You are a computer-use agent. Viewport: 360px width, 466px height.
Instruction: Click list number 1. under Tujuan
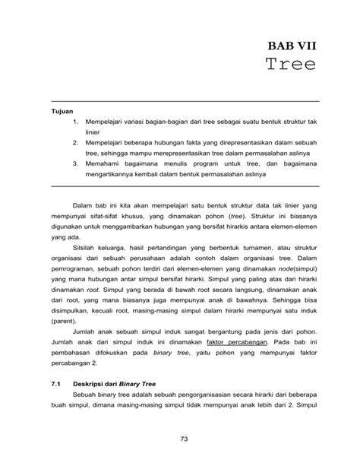[x=76, y=121]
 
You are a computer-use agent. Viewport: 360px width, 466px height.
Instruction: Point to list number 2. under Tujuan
[x=76, y=141]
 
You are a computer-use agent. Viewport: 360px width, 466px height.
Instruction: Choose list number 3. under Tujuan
[x=76, y=162]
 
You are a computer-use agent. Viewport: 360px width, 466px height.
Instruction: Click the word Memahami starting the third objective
[x=103, y=162]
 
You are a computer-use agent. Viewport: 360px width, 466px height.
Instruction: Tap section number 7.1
[x=55, y=386]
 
